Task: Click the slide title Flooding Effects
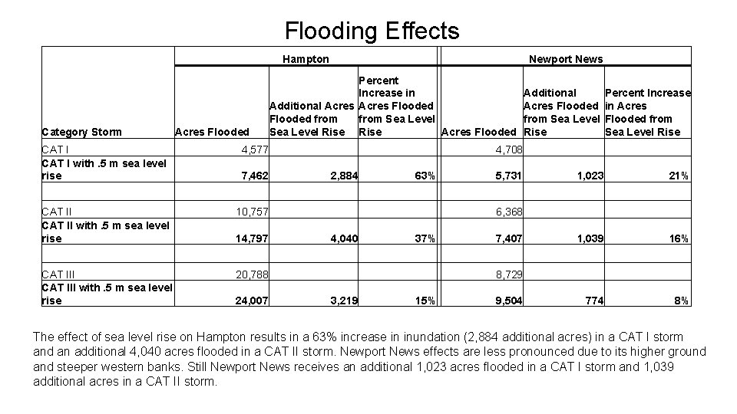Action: coord(372,31)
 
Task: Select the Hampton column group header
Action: coord(306,59)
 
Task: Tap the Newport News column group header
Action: coord(566,59)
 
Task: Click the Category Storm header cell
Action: coord(81,132)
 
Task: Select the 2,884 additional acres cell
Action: coord(343,176)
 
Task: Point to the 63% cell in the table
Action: coord(425,176)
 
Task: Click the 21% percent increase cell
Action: coord(679,176)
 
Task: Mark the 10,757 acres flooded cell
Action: coord(252,210)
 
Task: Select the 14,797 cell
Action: coord(252,238)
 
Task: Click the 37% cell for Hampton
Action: coord(425,238)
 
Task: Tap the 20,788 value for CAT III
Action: coord(252,272)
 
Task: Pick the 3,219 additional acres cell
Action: coord(343,301)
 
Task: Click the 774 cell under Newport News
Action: coord(594,301)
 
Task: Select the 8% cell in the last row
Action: coord(681,301)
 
